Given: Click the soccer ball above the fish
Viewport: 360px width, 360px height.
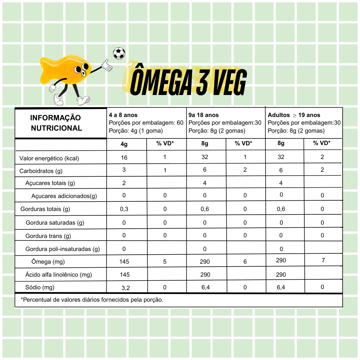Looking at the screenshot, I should coord(119,53).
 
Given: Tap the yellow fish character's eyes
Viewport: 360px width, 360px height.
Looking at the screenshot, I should coord(80,69).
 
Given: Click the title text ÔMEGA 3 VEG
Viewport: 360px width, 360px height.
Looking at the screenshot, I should coord(188,82).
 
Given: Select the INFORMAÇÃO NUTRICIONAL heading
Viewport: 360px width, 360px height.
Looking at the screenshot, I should coord(56,123).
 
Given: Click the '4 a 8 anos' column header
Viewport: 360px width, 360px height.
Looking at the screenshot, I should coord(123,115).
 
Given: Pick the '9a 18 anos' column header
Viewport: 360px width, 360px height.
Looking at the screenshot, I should coord(204,115).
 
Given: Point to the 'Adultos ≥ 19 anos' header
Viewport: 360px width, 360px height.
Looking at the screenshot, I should coord(294,115).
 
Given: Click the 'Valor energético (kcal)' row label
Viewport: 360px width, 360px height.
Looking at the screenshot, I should coord(49,158).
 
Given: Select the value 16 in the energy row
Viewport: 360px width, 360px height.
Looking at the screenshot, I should coord(124,158).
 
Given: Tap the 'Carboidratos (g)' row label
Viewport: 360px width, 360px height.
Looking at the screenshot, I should coord(41,171).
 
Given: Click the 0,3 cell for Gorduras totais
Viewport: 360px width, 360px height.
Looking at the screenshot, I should coord(124,209).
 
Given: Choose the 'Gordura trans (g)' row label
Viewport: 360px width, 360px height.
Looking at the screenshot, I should coord(48,236).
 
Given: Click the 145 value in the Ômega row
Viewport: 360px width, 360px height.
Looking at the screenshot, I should coord(124,262).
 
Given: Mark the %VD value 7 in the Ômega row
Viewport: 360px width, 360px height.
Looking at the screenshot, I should coord(323,260).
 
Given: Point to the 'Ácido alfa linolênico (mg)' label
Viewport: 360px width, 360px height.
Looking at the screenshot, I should coord(59,275).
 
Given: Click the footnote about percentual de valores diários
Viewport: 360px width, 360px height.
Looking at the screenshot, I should coord(92,300).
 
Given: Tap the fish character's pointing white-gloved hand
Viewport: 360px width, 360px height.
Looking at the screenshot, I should coord(107,65).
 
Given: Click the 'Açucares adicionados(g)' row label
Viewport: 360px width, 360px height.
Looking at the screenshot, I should coord(64,196).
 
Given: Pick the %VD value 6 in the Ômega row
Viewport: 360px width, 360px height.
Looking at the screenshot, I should coord(245,262).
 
